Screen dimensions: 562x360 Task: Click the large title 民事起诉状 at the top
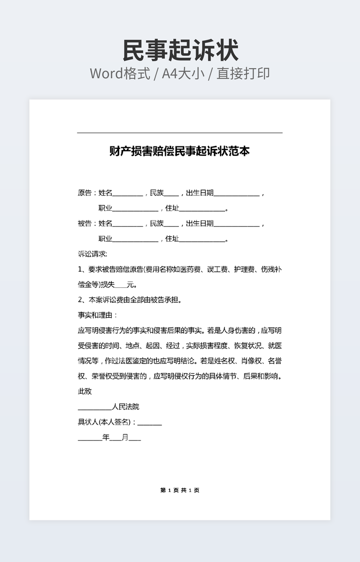pyautogui.click(x=180, y=51)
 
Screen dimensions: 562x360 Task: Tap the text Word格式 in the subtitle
pyautogui.click(x=119, y=73)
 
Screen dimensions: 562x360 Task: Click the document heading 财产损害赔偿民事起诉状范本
pyautogui.click(x=179, y=151)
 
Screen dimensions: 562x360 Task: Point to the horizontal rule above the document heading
pyautogui.click(x=179, y=133)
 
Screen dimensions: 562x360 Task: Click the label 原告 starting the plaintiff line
pyautogui.click(x=85, y=193)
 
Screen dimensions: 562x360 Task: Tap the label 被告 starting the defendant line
pyautogui.click(x=85, y=224)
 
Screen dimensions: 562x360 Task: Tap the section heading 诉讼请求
pyautogui.click(x=92, y=254)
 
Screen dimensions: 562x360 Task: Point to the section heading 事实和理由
pyautogui.click(x=97, y=315)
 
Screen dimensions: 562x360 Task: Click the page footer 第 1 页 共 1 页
pyautogui.click(x=179, y=490)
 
